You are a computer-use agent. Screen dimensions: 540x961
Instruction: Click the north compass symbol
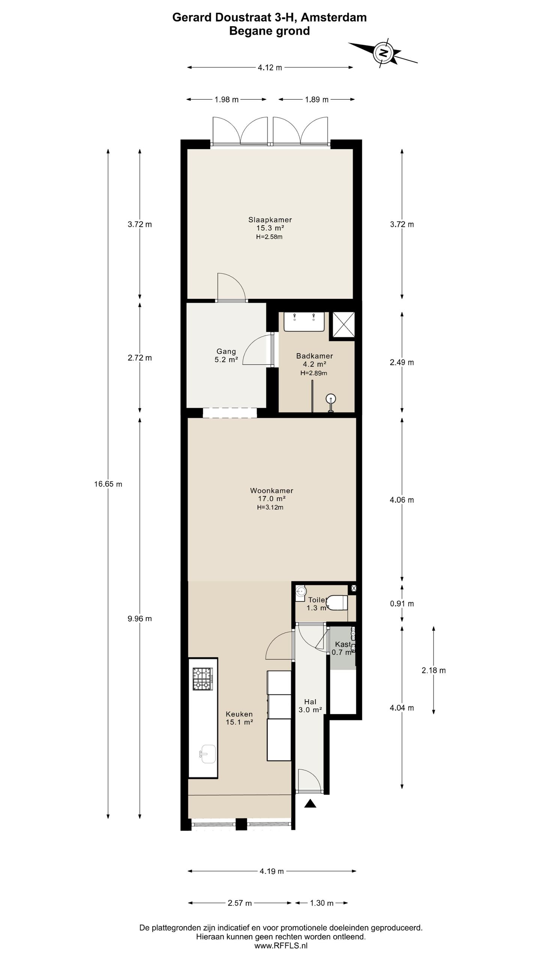383,53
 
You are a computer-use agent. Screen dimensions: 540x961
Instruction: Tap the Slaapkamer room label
270,220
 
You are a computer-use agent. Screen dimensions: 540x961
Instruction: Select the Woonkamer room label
271,491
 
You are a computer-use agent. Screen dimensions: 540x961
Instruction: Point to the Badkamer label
315,356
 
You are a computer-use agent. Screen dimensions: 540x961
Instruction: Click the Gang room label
226,352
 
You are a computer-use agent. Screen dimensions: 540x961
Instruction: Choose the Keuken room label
239,714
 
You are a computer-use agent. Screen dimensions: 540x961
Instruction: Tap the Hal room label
310,702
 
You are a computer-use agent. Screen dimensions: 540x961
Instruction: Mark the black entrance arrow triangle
310,803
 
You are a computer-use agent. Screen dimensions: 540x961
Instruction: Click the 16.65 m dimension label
108,484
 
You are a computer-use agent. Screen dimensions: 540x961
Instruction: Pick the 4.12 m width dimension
270,68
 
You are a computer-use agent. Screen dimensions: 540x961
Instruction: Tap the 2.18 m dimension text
433,670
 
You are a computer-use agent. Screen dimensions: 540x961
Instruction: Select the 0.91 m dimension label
402,604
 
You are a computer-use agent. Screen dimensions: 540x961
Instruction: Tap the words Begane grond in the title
270,31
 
